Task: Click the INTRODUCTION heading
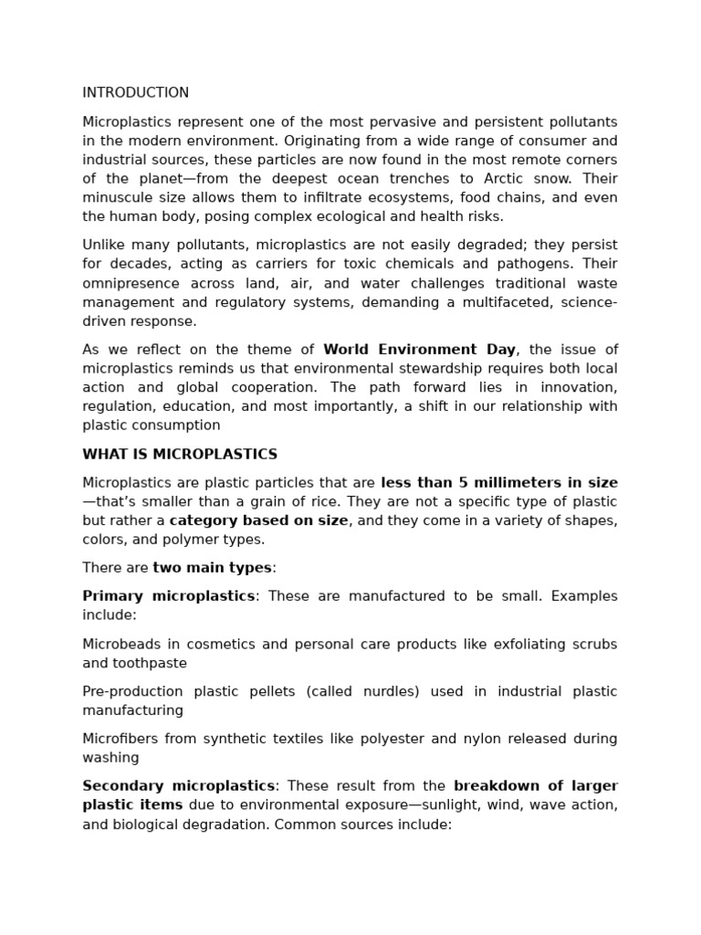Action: coord(135,93)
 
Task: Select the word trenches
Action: coord(394,179)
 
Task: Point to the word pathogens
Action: coord(581,264)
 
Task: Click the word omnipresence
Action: coord(130,283)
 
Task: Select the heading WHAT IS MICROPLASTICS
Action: coord(180,455)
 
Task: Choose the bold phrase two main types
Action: coord(212,568)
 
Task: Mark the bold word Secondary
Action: coord(119,786)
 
